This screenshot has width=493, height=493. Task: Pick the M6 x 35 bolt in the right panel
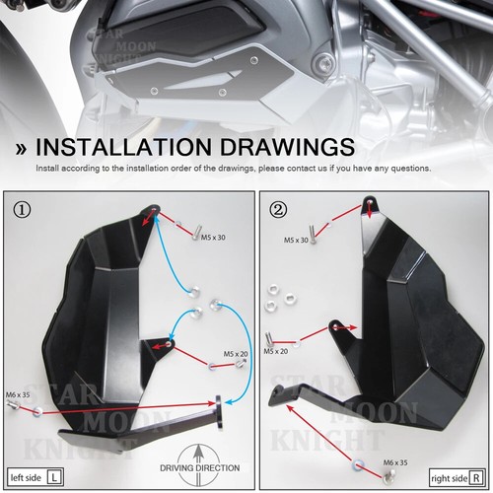356,460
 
